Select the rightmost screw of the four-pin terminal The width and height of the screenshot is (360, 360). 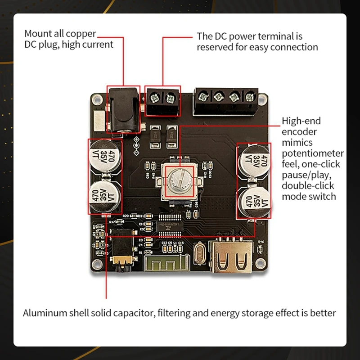click(x=249, y=96)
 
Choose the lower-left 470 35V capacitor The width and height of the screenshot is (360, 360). click(x=105, y=197)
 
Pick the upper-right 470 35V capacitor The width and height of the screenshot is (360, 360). click(x=254, y=160)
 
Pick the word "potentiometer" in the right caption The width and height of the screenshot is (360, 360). click(x=313, y=153)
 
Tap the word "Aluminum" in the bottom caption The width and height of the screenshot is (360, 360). click(x=44, y=313)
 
